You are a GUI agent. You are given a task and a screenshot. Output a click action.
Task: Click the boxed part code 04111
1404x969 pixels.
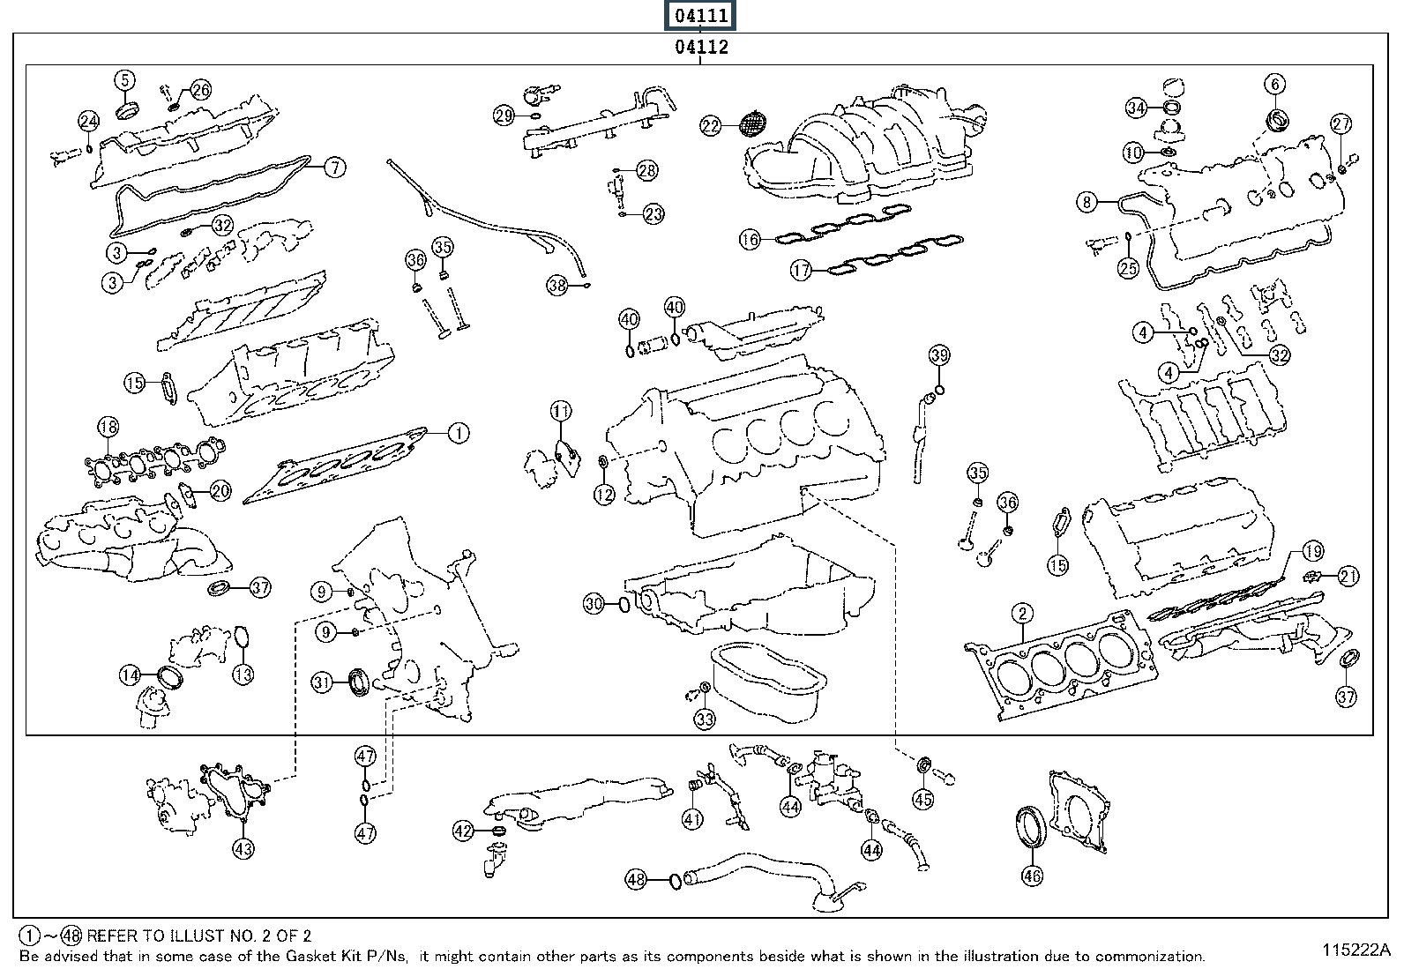tap(700, 15)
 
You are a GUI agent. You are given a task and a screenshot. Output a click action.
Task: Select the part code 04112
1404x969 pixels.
tap(701, 47)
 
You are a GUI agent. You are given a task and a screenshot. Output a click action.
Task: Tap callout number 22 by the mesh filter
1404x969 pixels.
tap(710, 127)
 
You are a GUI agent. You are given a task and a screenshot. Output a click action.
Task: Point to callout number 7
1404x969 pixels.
tap(335, 168)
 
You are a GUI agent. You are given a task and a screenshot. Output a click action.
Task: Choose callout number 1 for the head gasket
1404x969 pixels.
tap(459, 433)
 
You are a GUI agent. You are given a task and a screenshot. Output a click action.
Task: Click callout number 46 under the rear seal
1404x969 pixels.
tap(1032, 875)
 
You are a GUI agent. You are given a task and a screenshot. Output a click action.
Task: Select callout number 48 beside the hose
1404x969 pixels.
tap(636, 879)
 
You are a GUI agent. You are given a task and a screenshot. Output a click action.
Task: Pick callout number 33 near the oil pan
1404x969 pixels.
tap(705, 719)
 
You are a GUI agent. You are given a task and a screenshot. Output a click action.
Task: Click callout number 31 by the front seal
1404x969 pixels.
tap(322, 682)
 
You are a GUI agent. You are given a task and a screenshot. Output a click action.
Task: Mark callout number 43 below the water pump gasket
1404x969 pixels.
tap(243, 849)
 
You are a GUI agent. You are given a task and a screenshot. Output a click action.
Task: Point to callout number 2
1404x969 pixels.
tap(1022, 613)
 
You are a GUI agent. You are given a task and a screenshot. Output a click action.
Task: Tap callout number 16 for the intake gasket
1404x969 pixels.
tap(750, 240)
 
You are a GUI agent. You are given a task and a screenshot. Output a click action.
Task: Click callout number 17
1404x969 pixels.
tap(801, 270)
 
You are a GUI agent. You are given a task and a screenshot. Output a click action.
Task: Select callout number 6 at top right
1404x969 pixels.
tap(1275, 84)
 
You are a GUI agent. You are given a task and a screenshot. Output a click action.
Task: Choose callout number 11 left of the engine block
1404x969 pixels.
tap(561, 412)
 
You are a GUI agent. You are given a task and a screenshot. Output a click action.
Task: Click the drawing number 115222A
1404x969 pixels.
tap(1356, 950)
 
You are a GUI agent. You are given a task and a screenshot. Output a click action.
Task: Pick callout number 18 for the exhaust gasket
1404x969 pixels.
tap(108, 427)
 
